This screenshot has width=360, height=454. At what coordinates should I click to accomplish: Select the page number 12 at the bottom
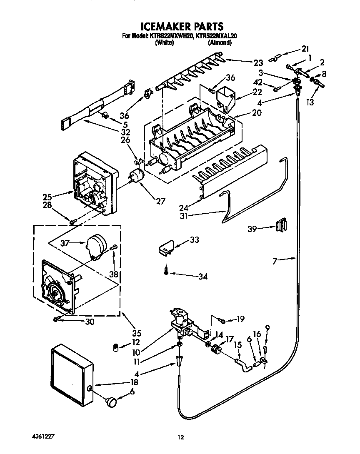coord(180,437)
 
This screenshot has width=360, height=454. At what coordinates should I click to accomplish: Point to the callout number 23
coord(258,63)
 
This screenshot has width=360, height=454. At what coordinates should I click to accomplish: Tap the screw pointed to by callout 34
coord(166,271)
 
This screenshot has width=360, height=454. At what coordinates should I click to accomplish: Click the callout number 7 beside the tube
coord(274,261)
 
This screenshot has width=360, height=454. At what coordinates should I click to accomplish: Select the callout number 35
coord(137,333)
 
